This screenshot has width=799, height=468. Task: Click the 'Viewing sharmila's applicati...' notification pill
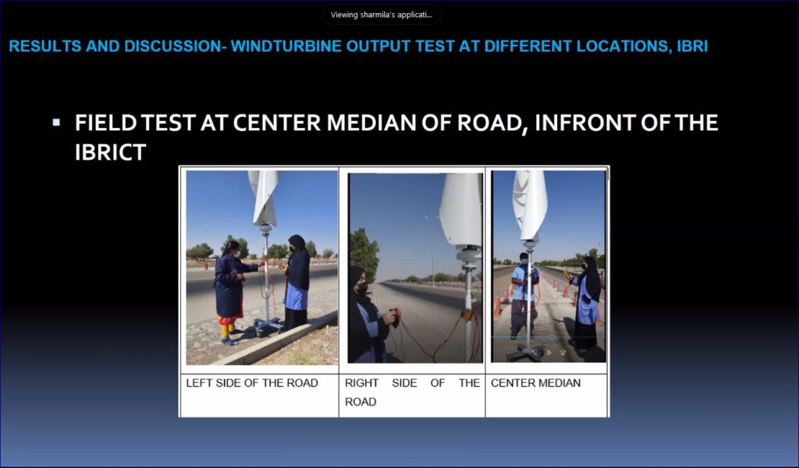tap(381, 15)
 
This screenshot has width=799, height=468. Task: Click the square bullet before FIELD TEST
tap(56, 122)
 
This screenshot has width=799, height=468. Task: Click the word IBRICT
tap(111, 152)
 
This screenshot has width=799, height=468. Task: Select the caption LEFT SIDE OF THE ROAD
tap(252, 383)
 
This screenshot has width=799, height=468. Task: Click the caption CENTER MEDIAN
tap(535, 383)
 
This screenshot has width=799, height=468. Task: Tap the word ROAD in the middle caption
tap(360, 402)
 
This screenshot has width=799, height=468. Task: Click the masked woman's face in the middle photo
tap(360, 285)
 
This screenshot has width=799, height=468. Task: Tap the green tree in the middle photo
tap(364, 254)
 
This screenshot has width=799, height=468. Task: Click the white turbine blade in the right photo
tap(530, 204)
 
